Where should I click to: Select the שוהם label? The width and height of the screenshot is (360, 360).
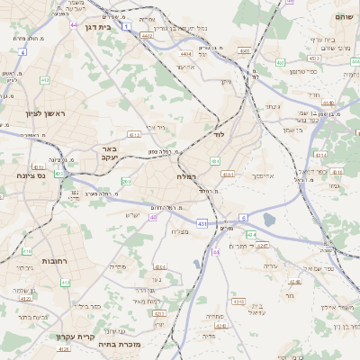coord(344,17)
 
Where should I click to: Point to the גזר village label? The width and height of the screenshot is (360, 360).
coord(288,294)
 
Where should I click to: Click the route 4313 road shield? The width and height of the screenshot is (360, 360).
coord(134,134)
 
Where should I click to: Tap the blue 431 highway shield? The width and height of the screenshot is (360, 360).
coord(202,222)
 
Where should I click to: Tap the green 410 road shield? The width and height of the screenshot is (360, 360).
coord(65,283)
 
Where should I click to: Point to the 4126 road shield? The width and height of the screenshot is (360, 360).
coord(63,349)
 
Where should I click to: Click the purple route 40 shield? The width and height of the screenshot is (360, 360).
coord(154,217)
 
